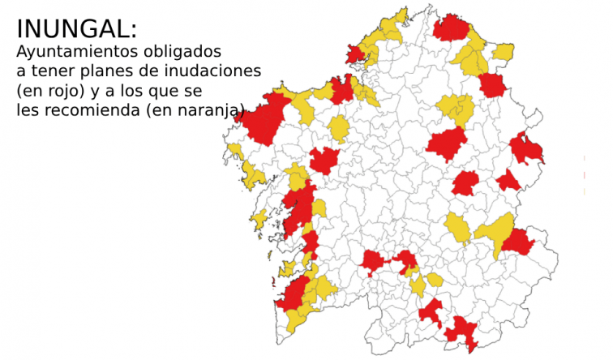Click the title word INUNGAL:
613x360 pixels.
77,29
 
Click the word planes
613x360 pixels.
103,71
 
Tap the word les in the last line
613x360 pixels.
27,109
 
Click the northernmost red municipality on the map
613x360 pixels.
451,28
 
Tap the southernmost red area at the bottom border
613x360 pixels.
463,333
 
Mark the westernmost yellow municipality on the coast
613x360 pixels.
234,149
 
